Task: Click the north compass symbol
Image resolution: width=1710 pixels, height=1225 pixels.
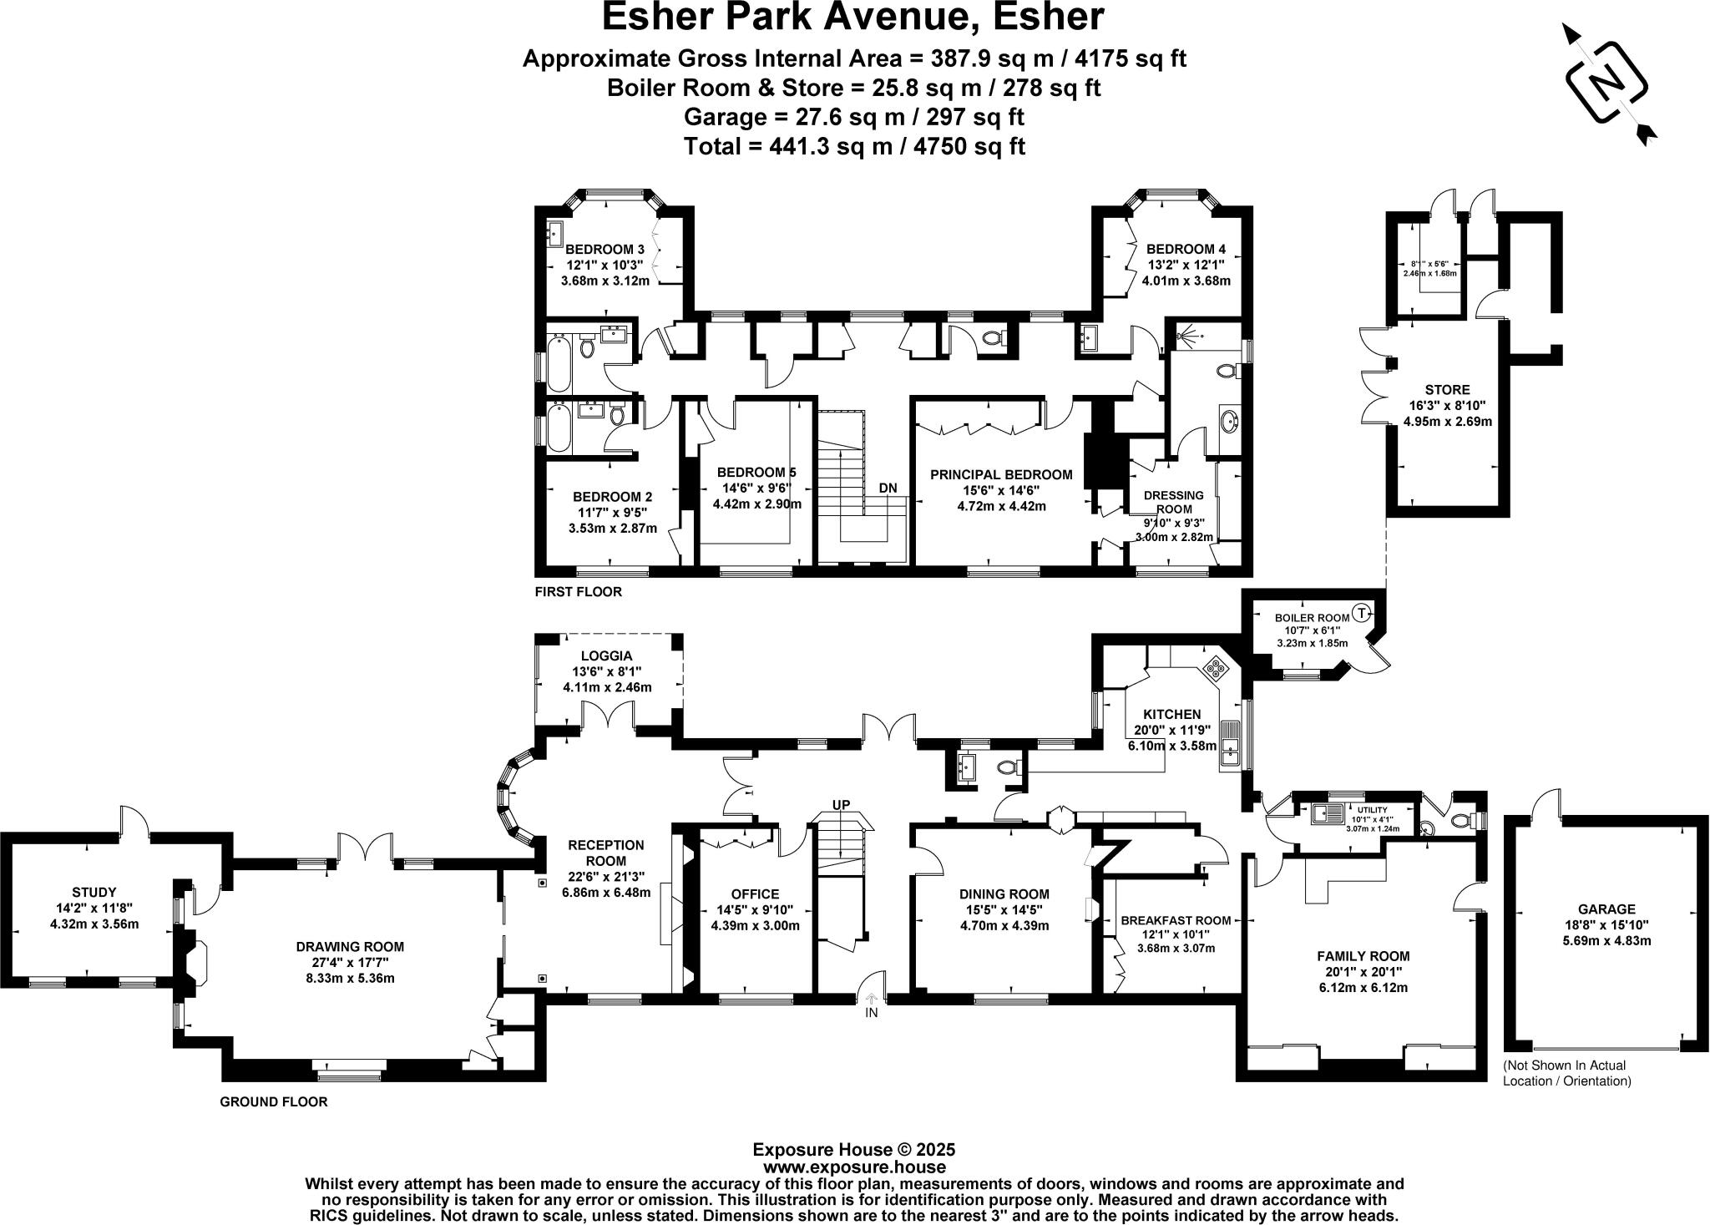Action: pos(1608,84)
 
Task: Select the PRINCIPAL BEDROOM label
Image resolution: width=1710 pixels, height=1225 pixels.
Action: pos(1001,474)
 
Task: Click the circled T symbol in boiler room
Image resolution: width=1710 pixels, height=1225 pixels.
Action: pos(1362,612)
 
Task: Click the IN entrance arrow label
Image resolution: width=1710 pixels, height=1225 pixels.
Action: pos(872,1012)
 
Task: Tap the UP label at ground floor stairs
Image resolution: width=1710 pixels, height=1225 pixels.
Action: pos(842,804)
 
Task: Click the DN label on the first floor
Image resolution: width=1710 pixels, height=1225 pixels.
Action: pos(888,488)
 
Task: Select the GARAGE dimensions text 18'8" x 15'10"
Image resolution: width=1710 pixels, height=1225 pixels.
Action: pos(1606,925)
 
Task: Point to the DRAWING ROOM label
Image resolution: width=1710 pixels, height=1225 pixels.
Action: pos(350,946)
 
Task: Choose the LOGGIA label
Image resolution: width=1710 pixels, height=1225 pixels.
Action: pos(607,656)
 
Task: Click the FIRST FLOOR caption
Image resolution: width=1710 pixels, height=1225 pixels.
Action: pos(579,592)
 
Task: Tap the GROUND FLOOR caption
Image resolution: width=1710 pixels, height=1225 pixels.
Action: pos(273,1101)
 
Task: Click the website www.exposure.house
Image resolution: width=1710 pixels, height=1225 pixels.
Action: pos(854,1167)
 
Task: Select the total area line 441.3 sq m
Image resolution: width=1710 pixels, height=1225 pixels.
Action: pos(854,146)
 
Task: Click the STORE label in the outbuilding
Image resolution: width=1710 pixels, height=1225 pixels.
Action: pos(1447,389)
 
